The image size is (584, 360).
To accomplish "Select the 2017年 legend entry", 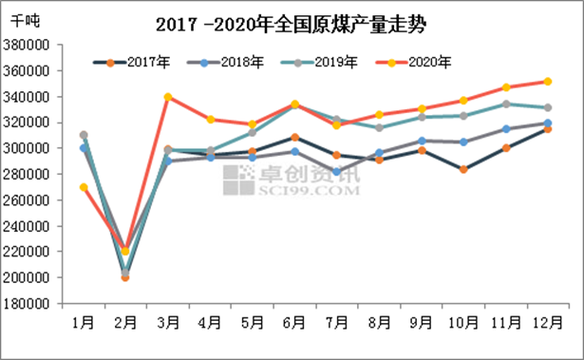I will click(132, 63).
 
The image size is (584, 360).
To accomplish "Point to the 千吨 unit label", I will click(26, 19).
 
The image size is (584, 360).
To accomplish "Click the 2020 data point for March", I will click(167, 97).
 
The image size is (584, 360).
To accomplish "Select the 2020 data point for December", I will click(547, 82).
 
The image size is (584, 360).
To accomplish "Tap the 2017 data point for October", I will click(462, 169).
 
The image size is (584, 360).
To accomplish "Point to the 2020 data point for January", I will click(84, 187).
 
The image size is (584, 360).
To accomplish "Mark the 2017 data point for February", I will click(125, 277).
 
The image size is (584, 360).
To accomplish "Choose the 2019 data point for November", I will click(506, 104).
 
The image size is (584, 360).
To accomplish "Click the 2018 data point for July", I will click(336, 172).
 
